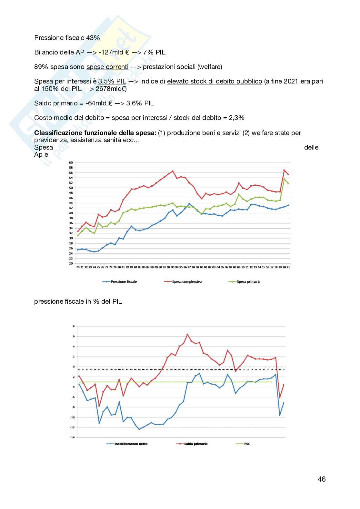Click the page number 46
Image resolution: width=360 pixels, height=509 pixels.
[321, 479]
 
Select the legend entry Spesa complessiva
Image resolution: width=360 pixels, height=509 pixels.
[186, 282]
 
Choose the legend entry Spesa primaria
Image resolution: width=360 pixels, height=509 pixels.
[248, 282]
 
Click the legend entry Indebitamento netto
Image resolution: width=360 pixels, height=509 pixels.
[131, 444]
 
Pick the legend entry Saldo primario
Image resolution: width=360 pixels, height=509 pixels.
[195, 444]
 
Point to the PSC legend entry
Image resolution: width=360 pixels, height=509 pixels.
[247, 444]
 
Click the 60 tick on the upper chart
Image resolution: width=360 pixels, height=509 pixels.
[71, 162]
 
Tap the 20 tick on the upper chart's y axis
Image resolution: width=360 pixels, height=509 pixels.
[71, 263]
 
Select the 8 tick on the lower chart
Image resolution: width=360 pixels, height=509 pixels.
[74, 326]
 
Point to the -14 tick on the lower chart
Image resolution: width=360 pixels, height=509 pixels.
[73, 437]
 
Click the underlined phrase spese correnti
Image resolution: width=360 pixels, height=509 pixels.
[107, 67]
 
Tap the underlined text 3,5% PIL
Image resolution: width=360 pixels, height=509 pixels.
[112, 82]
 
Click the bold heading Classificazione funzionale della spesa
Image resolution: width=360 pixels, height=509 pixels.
[95, 133]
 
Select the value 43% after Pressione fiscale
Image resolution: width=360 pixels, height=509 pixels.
[93, 38]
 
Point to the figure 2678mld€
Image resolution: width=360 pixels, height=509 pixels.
[111, 89]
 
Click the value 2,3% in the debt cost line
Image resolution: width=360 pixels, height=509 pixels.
[236, 118]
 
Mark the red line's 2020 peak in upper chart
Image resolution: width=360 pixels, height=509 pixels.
[284, 170]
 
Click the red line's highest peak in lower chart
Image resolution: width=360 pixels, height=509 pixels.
[187, 335]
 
